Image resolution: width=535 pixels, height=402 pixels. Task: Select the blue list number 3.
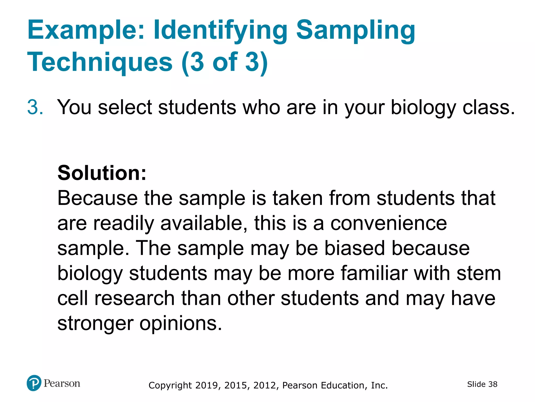point(35,107)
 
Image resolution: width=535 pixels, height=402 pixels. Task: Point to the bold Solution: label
point(102,173)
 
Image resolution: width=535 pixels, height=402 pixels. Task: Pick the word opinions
point(181,323)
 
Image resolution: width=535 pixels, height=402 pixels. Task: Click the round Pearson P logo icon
point(34,383)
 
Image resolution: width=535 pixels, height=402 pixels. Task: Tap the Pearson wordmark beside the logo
point(62,383)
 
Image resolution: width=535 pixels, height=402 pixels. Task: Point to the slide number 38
point(493,384)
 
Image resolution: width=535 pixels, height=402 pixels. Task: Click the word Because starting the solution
point(97,198)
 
